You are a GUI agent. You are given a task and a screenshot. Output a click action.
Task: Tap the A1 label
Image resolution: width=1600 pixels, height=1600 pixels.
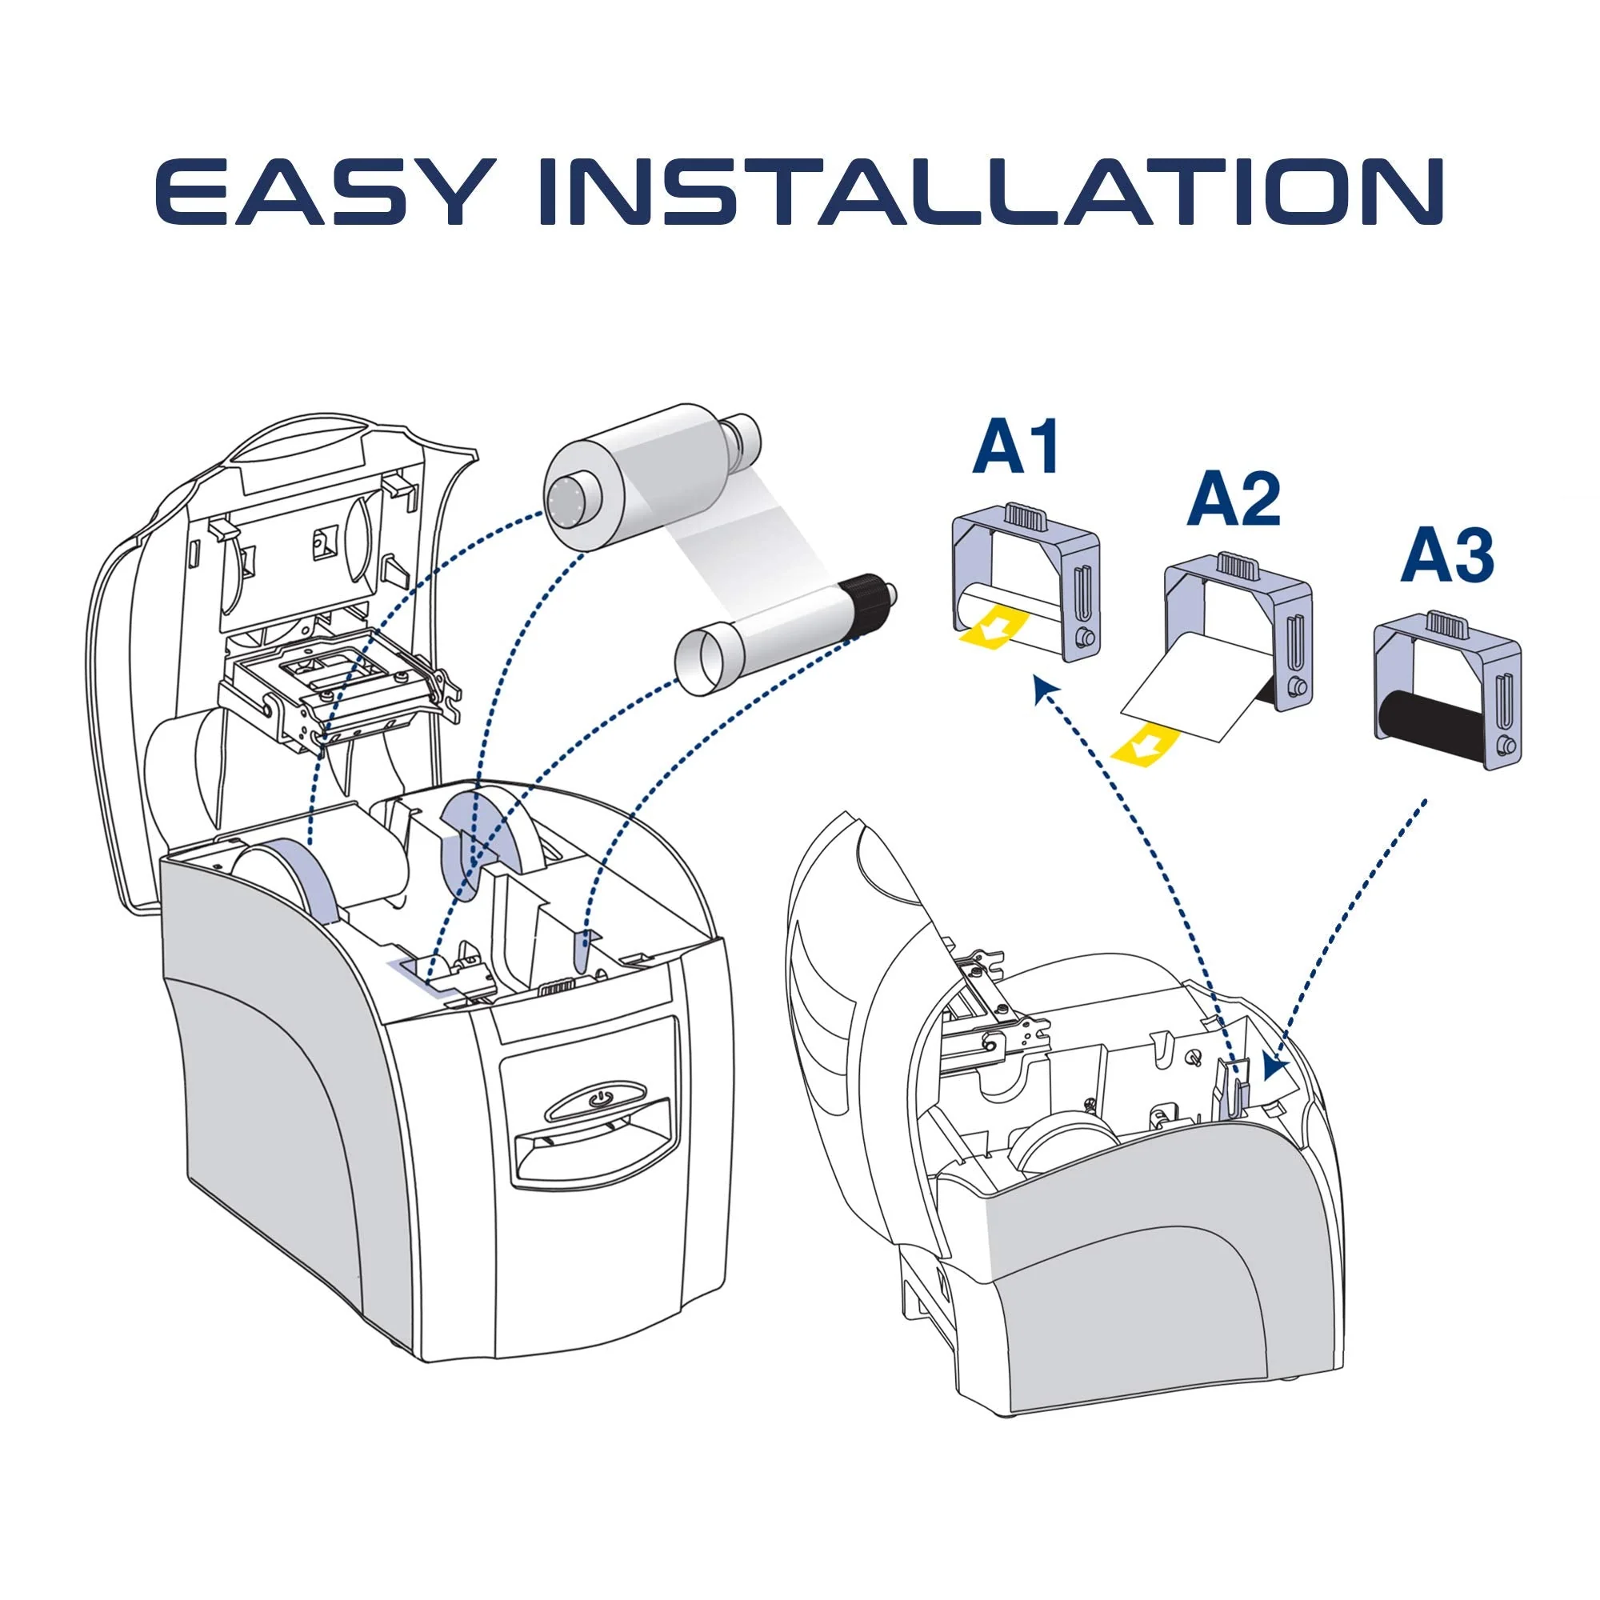1017,447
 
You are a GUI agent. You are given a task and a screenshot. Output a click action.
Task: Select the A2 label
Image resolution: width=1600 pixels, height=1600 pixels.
1234,500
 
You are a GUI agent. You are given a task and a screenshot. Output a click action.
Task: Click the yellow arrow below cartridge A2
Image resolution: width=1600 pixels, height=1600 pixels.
1146,742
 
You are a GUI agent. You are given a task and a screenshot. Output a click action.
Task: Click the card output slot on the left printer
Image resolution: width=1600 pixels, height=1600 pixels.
594,1148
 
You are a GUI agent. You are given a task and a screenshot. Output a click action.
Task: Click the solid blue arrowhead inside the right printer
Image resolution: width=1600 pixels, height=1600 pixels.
1277,1066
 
